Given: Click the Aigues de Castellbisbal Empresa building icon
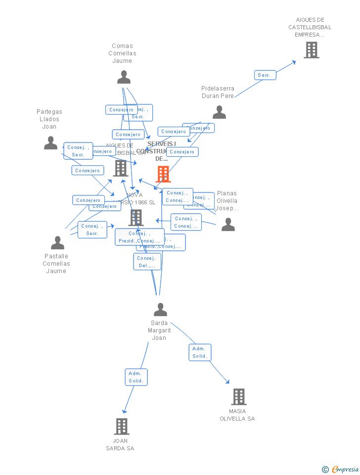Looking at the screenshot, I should (311, 50).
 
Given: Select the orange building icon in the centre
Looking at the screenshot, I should (163, 174).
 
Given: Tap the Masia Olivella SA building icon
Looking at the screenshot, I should (238, 396).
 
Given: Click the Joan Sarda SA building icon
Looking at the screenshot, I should (122, 426).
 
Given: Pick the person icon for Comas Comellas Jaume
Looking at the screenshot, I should (124, 77).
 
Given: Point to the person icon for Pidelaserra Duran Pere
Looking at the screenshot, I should (219, 112).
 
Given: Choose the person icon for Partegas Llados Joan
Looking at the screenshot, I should (50, 143).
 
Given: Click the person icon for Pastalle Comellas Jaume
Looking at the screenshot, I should (57, 243).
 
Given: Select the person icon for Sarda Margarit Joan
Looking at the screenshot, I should (160, 310).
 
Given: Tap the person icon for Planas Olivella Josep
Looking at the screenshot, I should (228, 225).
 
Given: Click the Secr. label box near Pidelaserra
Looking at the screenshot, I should (265, 75).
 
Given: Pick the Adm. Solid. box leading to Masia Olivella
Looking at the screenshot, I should (200, 352).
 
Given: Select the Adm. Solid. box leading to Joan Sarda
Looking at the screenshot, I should (136, 377).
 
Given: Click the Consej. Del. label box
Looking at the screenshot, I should (147, 262).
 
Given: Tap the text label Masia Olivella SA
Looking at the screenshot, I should (237, 415).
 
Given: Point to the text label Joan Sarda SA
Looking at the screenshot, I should (120, 444).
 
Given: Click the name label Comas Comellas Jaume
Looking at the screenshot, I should (122, 53).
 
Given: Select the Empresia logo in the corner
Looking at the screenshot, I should (341, 470).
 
